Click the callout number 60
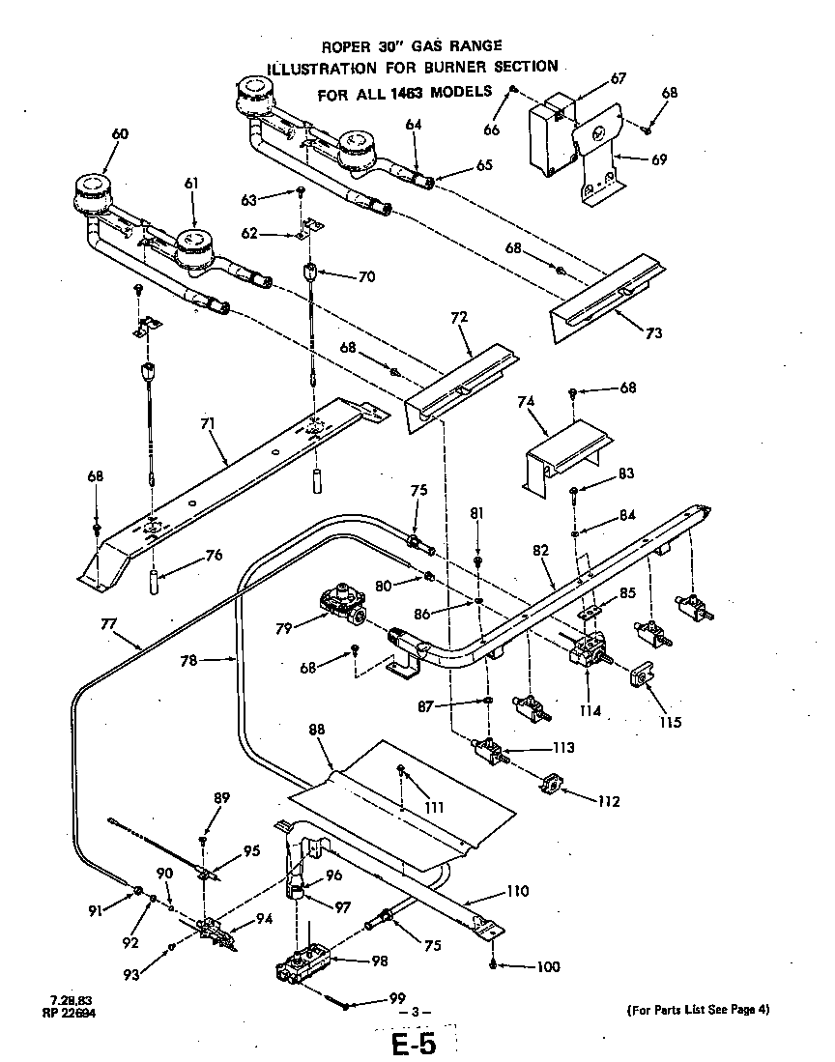(x=119, y=134)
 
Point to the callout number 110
(x=518, y=890)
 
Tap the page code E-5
(x=414, y=1047)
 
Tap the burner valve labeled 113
(x=491, y=752)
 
